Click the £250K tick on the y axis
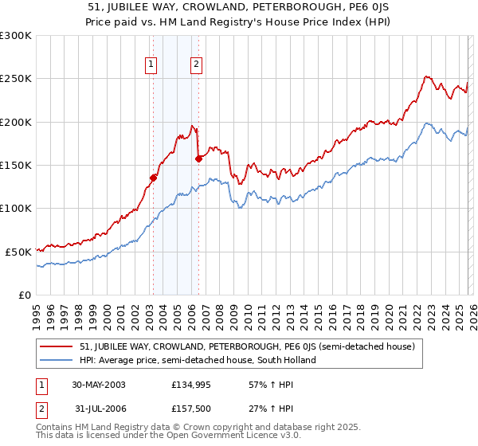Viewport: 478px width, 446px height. (x=16, y=79)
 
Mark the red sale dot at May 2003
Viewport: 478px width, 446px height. (x=154, y=178)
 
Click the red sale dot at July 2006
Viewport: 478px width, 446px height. (x=198, y=158)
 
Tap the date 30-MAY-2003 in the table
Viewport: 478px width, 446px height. (x=99, y=385)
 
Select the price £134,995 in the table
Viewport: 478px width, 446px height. (x=189, y=385)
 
